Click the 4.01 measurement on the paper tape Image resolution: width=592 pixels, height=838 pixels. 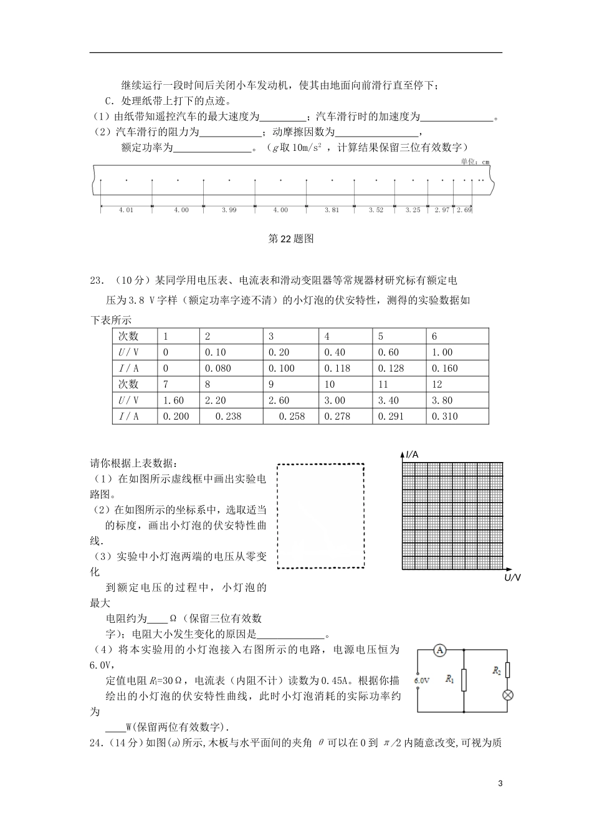click(x=126, y=210)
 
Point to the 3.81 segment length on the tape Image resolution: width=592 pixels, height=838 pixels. click(x=332, y=210)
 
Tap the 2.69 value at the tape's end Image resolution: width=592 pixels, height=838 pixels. click(x=464, y=210)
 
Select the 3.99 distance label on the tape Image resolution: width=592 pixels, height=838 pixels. click(x=229, y=210)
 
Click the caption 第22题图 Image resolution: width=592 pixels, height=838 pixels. click(x=290, y=238)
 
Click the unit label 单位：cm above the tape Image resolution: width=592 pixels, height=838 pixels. click(x=475, y=162)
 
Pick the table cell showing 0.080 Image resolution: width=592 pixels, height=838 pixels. click(x=217, y=368)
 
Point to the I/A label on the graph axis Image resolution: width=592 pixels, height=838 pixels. click(x=412, y=455)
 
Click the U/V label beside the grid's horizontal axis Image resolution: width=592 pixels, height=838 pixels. click(x=512, y=578)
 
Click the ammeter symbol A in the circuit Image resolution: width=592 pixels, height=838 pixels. click(x=439, y=650)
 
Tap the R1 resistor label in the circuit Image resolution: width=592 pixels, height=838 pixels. click(x=450, y=680)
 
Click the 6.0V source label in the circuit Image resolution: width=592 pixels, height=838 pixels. click(x=422, y=680)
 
